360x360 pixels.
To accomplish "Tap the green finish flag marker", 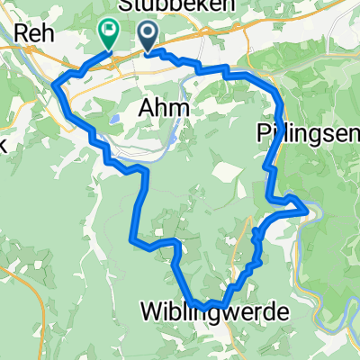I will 108,33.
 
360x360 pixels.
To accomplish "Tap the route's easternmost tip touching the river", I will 309,210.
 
